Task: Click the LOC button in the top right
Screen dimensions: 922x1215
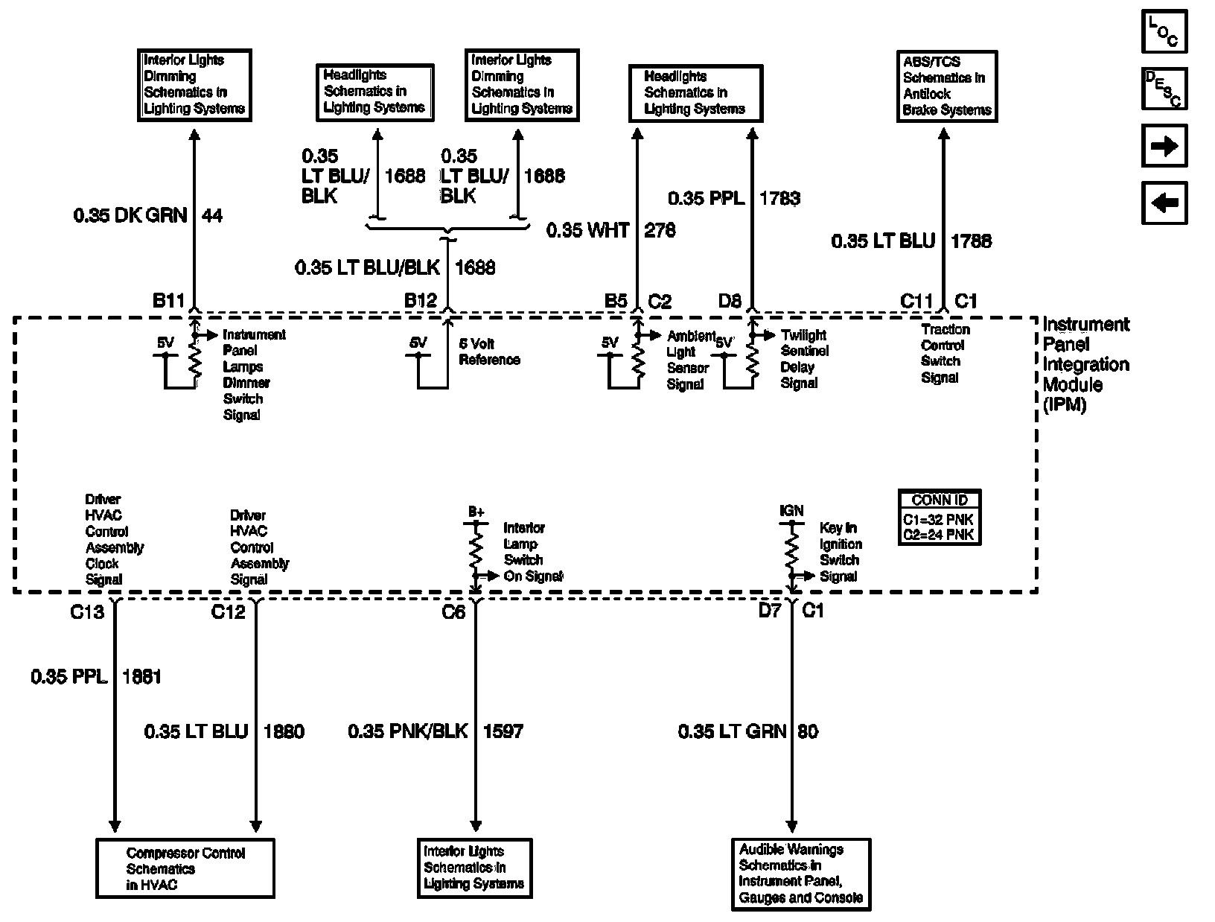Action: [1164, 31]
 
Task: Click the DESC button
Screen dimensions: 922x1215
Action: [1164, 89]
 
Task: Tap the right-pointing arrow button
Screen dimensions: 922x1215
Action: [1164, 146]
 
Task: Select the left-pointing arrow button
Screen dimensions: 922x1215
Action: [1164, 203]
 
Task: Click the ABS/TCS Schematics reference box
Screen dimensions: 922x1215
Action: [945, 86]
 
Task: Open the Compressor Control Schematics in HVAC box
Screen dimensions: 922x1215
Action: [185, 868]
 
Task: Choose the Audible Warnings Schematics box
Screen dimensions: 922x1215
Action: [801, 874]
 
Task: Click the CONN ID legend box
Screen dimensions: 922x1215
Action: [939, 518]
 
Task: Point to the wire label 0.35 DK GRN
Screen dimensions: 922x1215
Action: [130, 216]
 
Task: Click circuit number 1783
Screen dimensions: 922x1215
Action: [779, 199]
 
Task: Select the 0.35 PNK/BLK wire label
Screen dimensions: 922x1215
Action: [408, 731]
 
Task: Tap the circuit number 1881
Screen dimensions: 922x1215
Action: [141, 677]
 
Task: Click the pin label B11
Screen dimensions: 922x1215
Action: [168, 301]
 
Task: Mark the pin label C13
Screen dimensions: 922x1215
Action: [86, 612]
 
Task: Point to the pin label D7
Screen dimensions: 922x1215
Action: [770, 612]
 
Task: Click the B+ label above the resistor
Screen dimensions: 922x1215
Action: [476, 512]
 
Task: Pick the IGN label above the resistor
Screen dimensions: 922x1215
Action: [791, 511]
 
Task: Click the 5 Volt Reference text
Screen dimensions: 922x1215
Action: [489, 352]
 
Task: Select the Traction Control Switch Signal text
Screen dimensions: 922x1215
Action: [945, 353]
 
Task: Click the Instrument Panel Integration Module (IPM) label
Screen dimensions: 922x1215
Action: [1085, 364]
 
